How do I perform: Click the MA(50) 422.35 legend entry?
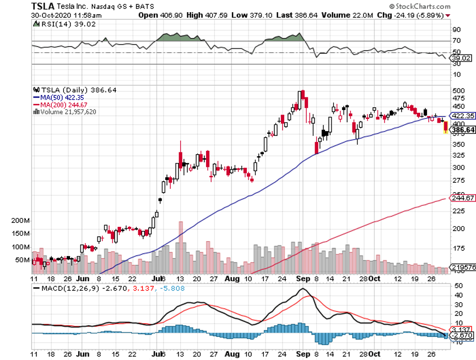pyautogui.click(x=58, y=97)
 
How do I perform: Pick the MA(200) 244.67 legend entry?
pyautogui.click(x=59, y=105)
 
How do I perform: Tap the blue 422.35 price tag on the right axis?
pyautogui.click(x=462, y=116)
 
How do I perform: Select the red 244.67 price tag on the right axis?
pyautogui.click(x=462, y=198)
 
